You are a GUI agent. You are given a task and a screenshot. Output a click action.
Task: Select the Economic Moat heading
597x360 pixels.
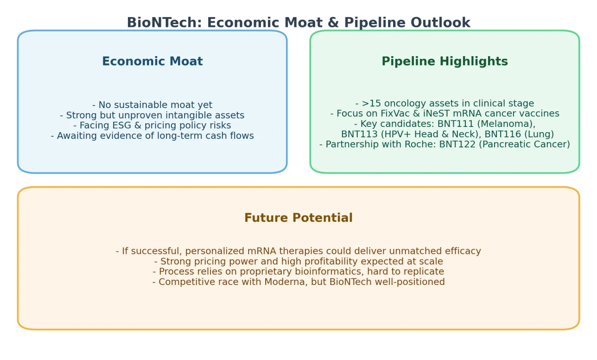coord(152,61)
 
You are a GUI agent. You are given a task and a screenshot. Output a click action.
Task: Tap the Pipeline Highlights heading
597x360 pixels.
coord(445,61)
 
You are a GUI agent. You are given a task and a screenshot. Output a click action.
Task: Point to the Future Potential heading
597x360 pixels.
coord(298,218)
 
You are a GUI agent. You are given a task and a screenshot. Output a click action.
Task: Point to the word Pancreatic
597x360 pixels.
coord(507,144)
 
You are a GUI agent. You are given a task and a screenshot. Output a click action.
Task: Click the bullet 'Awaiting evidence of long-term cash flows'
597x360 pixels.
coord(152,135)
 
